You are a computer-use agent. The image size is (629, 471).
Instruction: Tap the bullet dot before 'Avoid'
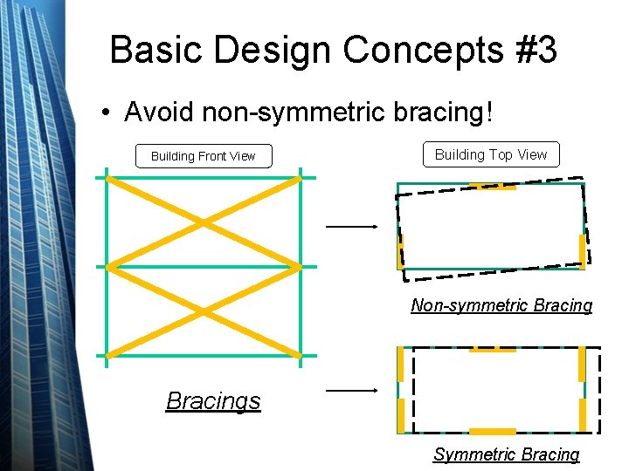tap(105, 113)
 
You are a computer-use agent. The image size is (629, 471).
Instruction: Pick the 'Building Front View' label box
tap(203, 156)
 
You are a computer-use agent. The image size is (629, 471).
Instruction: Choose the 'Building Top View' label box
tap(491, 154)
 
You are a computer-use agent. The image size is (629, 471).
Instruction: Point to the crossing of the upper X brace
tap(204, 222)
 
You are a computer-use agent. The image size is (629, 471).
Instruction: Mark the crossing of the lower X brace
tap(204, 311)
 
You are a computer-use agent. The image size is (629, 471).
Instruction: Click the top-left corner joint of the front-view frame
tap(107, 178)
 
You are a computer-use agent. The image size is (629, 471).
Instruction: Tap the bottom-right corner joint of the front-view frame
tap(301, 355)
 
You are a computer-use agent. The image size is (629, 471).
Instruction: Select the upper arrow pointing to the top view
tap(351, 227)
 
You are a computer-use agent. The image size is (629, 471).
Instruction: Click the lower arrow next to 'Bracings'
tap(351, 392)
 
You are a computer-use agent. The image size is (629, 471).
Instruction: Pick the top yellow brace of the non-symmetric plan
tap(493, 186)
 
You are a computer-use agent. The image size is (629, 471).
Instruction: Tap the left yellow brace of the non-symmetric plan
tap(400, 250)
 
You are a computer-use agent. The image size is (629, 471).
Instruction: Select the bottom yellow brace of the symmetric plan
tap(493, 432)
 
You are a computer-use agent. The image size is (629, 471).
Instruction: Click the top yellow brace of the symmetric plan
tap(493, 349)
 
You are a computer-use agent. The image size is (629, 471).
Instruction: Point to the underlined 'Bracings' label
tap(213, 401)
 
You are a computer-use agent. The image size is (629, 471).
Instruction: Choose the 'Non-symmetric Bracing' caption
tap(501, 305)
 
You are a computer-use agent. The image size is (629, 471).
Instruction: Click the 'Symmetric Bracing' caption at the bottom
tap(506, 454)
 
